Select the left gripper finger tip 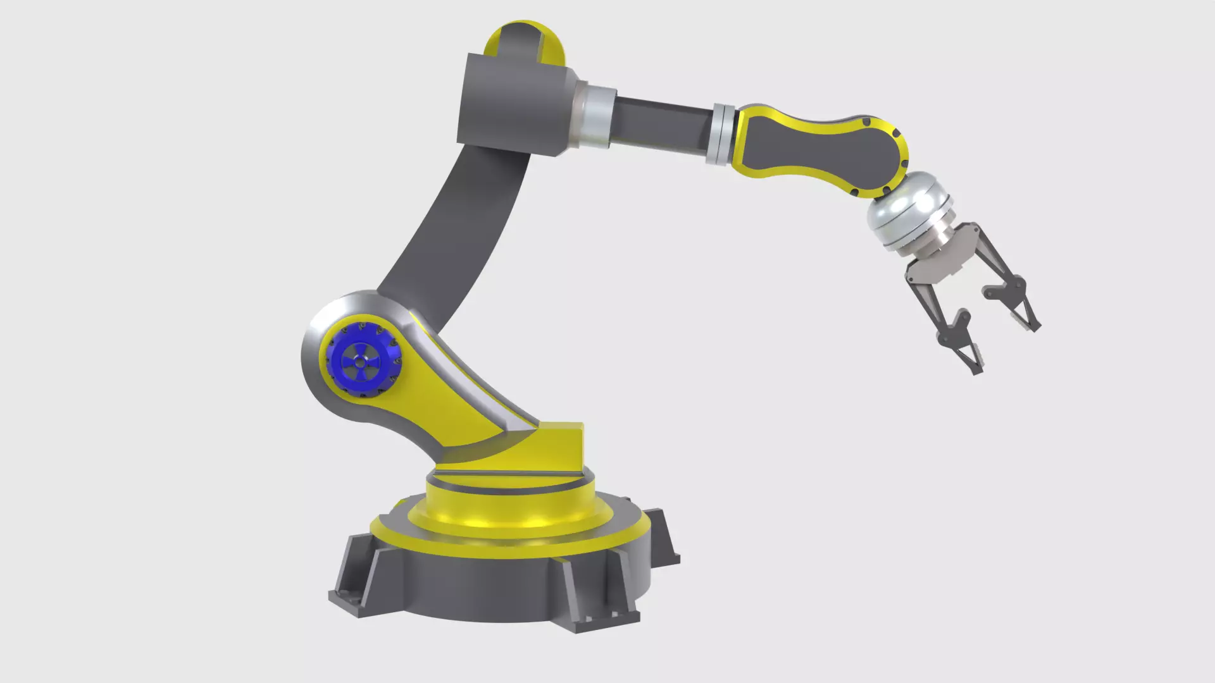pos(975,367)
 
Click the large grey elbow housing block pos(513,104)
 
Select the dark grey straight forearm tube pos(661,124)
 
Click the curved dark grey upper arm pos(456,228)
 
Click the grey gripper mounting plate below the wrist pos(937,266)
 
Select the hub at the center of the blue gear pos(360,362)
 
